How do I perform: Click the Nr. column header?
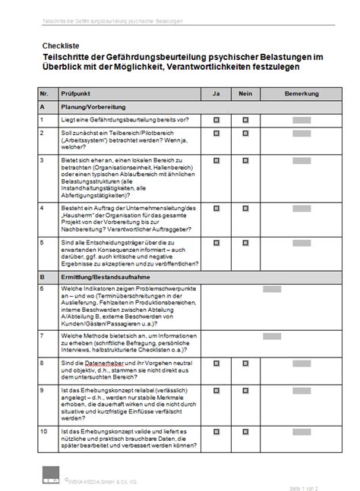(44, 93)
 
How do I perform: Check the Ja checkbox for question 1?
(216, 120)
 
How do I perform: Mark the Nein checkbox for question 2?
(245, 134)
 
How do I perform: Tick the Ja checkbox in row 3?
(216, 161)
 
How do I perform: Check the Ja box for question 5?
(216, 243)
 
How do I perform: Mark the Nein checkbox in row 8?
(245, 365)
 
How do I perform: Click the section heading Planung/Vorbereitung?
(92, 107)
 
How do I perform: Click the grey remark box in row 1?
(302, 120)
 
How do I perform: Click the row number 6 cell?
(44, 288)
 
